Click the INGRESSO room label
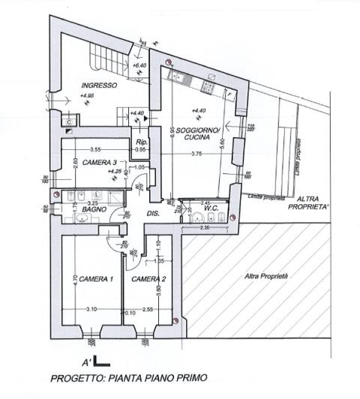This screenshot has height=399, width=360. [x=99, y=85]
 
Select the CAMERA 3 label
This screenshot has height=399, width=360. [x=99, y=162]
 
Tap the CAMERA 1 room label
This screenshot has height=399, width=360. [x=96, y=279]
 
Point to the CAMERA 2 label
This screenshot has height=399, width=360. [x=149, y=279]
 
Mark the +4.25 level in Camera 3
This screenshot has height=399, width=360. [x=115, y=171]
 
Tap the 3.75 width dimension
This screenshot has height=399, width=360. [x=196, y=153]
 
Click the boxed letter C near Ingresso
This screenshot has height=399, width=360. [x=68, y=120]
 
